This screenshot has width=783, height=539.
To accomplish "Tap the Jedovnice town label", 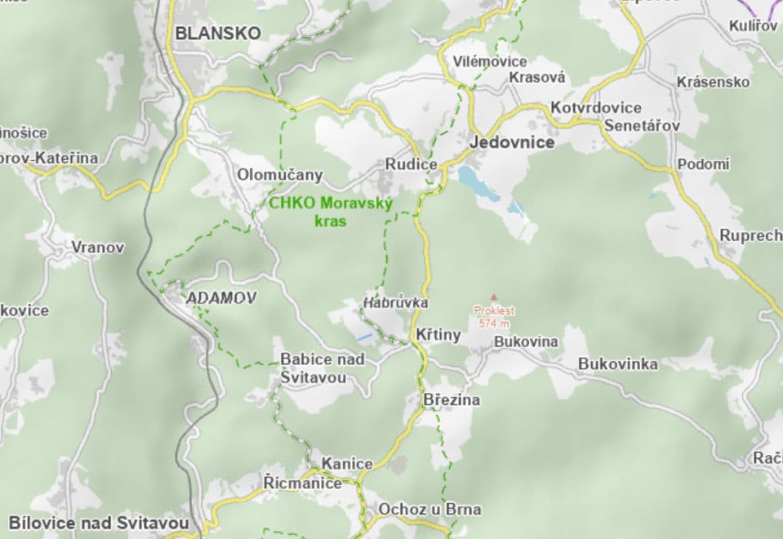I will (512, 142).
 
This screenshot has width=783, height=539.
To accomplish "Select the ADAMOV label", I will (220, 298).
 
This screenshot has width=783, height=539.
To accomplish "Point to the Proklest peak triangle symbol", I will (494, 297).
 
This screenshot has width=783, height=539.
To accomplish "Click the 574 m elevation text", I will (494, 323).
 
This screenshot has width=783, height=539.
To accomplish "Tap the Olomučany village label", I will (280, 175).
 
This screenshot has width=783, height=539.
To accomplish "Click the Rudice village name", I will (411, 164).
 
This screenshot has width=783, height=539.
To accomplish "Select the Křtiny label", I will (438, 335).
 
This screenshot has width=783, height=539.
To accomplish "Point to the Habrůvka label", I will (396, 303).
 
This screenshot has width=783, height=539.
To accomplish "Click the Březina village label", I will (451, 400).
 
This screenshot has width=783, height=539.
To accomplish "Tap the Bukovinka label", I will (618, 364).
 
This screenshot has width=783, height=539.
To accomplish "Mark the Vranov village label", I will (98, 247).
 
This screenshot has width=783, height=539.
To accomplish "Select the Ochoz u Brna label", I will (430, 509).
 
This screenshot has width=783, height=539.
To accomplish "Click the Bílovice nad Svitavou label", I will (98, 523).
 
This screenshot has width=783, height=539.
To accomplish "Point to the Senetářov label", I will (641, 126).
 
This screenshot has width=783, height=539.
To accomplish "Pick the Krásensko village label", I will (713, 82).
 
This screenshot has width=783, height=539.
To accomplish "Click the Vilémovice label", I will (480, 61).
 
